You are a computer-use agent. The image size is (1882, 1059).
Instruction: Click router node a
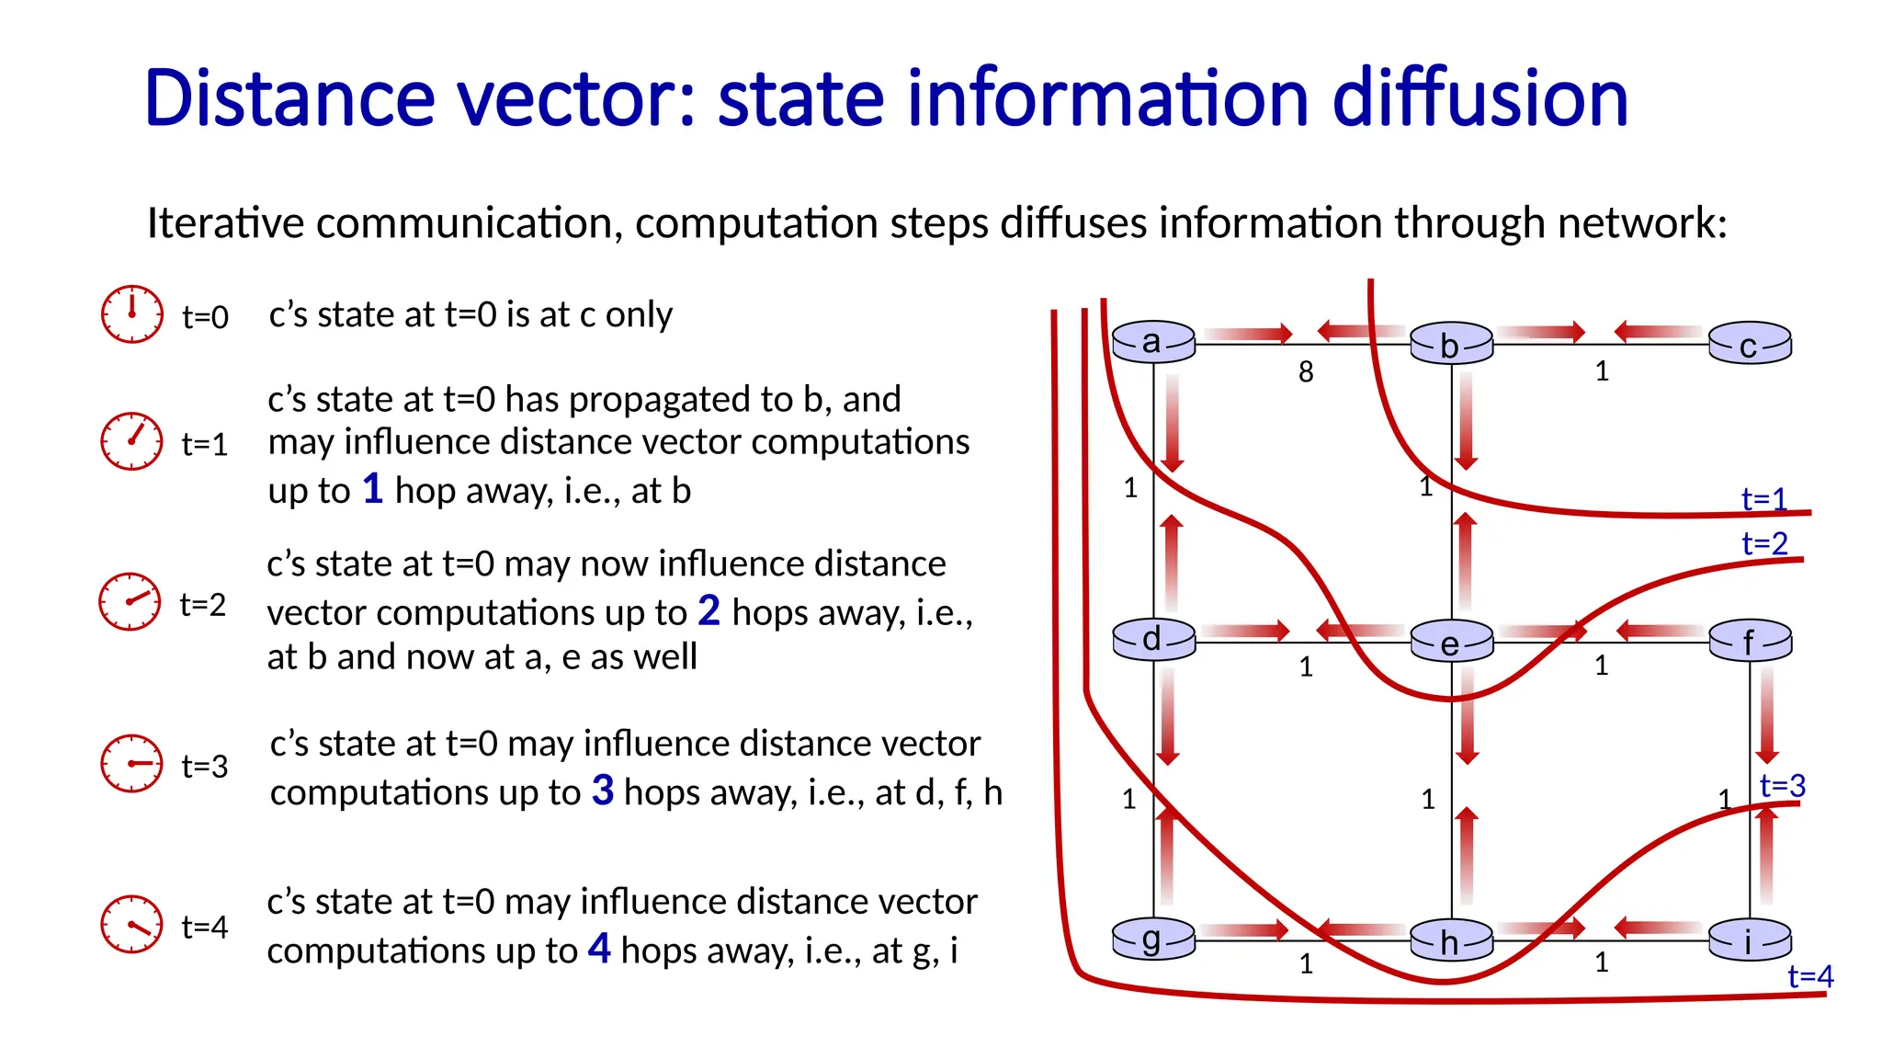click(1153, 342)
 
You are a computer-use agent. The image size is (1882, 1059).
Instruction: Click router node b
click(1451, 345)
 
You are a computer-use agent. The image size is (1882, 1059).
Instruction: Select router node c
click(1750, 345)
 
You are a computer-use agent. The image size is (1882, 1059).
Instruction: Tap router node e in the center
click(1451, 643)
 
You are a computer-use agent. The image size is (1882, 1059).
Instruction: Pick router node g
click(1153, 939)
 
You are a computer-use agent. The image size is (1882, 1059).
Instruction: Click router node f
click(1750, 641)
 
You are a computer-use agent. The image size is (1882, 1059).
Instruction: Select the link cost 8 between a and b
click(1306, 372)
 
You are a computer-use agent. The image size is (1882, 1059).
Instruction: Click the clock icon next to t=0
click(132, 314)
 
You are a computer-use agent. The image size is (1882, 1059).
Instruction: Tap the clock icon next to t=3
click(132, 763)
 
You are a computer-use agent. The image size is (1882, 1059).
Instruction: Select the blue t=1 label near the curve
click(1764, 499)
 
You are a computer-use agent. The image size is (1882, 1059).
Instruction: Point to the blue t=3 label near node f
click(1783, 786)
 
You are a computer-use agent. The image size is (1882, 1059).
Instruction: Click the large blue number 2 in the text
click(709, 610)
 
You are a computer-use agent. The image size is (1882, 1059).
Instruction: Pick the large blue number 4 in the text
click(599, 948)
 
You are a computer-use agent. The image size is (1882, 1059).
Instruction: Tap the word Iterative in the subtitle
click(225, 223)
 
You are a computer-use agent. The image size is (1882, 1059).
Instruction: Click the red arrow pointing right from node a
click(1248, 334)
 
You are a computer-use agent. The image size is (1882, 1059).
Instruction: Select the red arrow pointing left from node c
click(1658, 331)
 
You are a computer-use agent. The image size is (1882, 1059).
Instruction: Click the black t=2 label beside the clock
click(203, 605)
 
